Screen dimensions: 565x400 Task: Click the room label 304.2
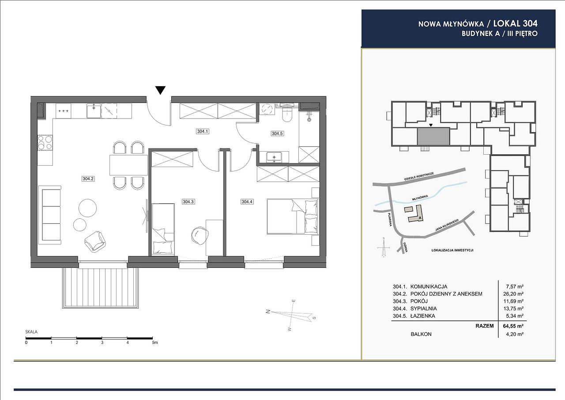click(x=88, y=179)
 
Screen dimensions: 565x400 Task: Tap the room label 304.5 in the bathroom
click(x=277, y=133)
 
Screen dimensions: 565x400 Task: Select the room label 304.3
click(x=188, y=202)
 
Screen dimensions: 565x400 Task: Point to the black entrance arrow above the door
click(x=160, y=90)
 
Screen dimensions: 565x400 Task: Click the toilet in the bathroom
click(x=287, y=114)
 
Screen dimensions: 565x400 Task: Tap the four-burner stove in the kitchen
click(x=45, y=142)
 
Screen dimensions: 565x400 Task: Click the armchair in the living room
click(x=95, y=242)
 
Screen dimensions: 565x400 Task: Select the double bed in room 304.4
click(x=293, y=217)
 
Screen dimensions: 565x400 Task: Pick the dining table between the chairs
click(x=128, y=165)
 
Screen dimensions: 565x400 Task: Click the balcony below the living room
click(x=100, y=288)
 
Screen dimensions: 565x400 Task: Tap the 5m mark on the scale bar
click(x=154, y=343)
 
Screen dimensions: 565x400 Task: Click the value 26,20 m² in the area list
click(x=513, y=294)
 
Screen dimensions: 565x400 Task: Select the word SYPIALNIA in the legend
click(x=424, y=309)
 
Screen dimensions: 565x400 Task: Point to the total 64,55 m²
click(x=513, y=326)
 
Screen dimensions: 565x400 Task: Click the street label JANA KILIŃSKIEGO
click(x=447, y=225)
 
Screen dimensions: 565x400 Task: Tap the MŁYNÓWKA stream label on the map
click(x=420, y=198)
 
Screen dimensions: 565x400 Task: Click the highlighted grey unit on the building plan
click(x=433, y=137)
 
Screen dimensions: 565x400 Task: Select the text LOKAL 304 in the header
click(x=515, y=24)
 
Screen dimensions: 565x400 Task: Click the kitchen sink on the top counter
click(x=94, y=111)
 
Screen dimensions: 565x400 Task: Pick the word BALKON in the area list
click(x=421, y=334)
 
